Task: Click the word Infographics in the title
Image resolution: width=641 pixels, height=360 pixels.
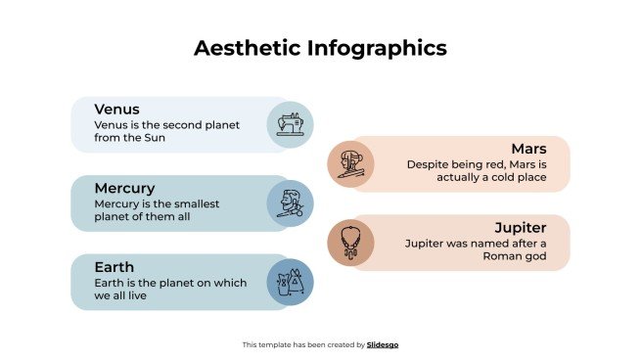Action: [375, 48]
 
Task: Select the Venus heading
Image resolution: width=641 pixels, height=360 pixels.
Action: [117, 109]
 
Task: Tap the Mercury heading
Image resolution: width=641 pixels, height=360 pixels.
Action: [124, 187]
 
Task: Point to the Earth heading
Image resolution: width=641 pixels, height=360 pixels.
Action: [114, 266]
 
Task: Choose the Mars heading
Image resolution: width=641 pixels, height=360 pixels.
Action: [528, 148]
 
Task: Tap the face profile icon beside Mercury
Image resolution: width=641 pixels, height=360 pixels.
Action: [290, 203]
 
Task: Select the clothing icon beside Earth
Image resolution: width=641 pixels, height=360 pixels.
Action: [290, 283]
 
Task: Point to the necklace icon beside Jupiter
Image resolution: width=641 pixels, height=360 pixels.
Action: [350, 241]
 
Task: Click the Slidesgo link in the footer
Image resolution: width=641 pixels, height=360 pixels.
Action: [383, 344]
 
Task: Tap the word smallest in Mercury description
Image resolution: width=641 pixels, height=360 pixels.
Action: [196, 203]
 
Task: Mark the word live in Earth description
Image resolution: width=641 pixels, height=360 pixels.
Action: [148, 296]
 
